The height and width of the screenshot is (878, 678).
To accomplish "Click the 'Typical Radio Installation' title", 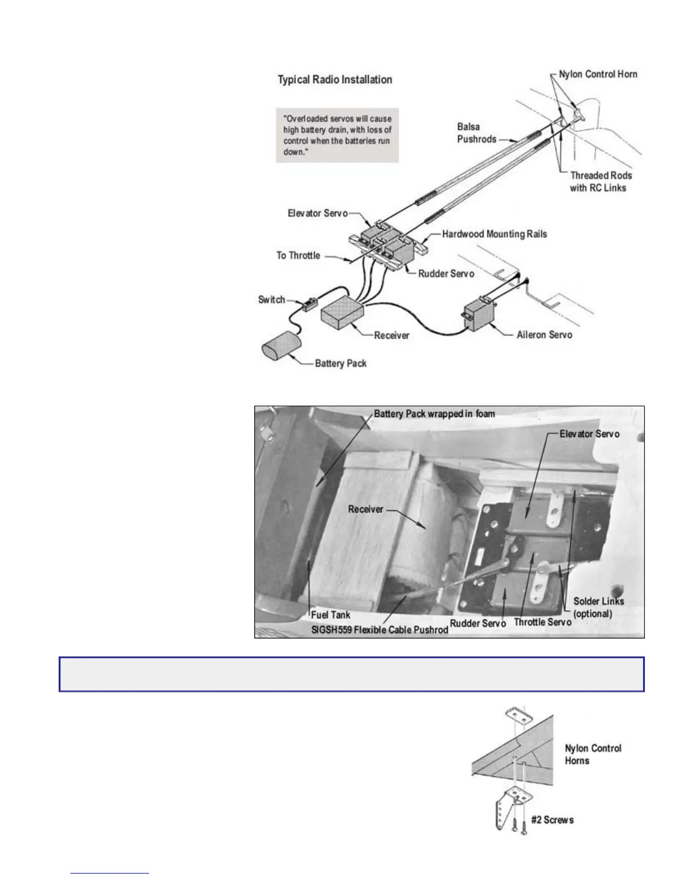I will tap(335, 80).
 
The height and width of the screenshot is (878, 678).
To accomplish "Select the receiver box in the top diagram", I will tap(341, 313).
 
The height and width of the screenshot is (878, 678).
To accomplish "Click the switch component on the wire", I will tap(308, 304).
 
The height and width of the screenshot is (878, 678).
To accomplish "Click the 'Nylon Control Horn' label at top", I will tap(598, 74).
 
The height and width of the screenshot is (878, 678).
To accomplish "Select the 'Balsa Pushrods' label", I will tap(476, 133).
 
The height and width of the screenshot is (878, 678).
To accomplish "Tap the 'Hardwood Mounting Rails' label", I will tap(494, 234).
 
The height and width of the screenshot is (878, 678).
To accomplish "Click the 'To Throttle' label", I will tap(298, 256).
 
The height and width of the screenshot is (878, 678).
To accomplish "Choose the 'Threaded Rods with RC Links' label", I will tap(600, 182).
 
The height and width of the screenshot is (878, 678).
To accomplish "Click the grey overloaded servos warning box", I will tap(337, 135).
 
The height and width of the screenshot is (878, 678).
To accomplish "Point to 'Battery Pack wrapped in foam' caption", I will tap(434, 414).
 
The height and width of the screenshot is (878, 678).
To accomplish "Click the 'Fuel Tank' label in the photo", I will tap(331, 615).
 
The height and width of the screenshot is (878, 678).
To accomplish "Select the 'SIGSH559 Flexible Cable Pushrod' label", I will tap(379, 630).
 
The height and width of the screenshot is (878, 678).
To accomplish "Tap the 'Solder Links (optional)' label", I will tap(598, 608).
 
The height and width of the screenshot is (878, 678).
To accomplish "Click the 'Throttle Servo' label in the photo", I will tap(542, 622).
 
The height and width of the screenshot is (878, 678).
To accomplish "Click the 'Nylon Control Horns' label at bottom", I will tap(593, 754).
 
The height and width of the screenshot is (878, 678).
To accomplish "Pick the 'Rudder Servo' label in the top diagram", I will tap(446, 274).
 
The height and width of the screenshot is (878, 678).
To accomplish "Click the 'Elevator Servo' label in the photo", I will tap(589, 433).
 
